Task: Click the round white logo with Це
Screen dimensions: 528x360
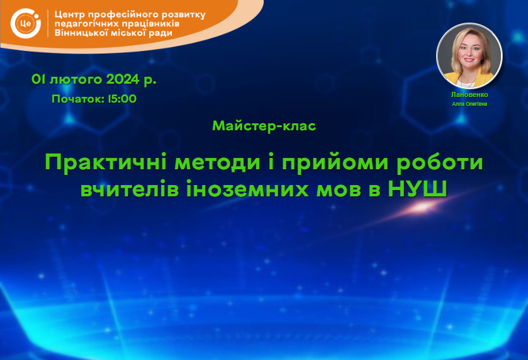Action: coord(26,23)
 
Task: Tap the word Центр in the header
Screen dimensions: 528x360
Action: coord(69,15)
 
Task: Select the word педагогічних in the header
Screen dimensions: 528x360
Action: coord(86,25)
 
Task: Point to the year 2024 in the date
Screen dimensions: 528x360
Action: coord(123,79)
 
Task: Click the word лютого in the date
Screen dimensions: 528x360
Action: coord(76,80)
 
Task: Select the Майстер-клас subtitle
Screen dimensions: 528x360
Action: coord(264,126)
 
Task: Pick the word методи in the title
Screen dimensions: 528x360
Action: coord(218,162)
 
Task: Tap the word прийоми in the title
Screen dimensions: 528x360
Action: coord(335,163)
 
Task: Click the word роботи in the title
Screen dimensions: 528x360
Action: coord(440,163)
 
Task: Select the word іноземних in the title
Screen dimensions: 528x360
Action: coord(247,189)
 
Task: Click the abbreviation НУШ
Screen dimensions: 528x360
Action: coord(417,189)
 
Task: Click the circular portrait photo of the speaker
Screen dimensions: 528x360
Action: coord(469,56)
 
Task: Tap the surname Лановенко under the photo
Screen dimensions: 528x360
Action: coord(469,94)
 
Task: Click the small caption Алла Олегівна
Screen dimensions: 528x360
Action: coord(469,104)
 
